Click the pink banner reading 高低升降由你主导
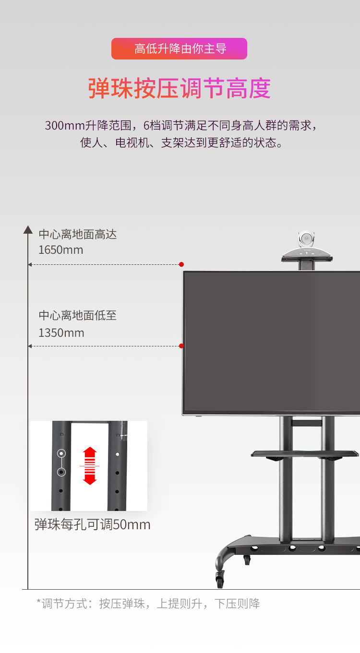[x=179, y=49]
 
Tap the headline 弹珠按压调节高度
[x=180, y=89]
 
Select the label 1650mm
[x=60, y=250]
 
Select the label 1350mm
[x=61, y=333]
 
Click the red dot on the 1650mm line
[x=181, y=264]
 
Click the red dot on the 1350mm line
[x=181, y=346]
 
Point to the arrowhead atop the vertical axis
[x=28, y=230]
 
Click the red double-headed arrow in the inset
[x=90, y=465]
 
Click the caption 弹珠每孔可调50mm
[x=92, y=524]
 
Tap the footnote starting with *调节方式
[x=148, y=604]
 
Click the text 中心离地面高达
[x=78, y=235]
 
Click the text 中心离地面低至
[x=78, y=316]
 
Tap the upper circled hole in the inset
[x=61, y=453]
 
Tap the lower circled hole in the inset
[x=61, y=472]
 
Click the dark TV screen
[x=271, y=342]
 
